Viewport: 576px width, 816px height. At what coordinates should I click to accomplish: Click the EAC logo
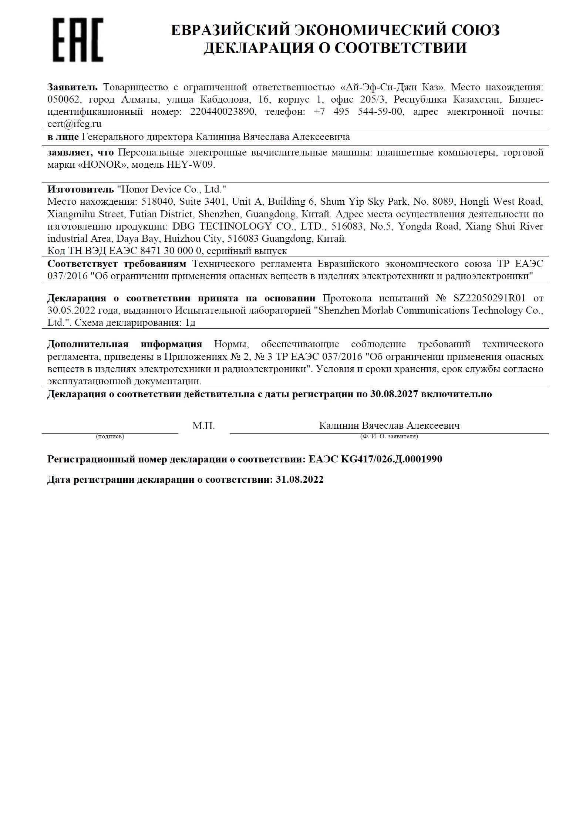[x=78, y=40]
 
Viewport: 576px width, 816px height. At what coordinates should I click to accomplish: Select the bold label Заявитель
[x=72, y=87]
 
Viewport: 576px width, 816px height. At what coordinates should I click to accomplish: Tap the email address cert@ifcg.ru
[x=74, y=124]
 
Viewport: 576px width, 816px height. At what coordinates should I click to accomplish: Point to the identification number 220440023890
[x=223, y=111]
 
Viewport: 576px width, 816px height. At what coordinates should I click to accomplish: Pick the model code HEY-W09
[x=190, y=164]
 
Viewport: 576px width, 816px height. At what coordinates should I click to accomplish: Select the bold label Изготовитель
[x=81, y=189]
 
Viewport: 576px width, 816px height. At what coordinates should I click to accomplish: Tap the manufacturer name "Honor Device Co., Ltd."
[x=171, y=189]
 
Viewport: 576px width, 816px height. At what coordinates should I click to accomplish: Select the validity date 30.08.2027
[x=394, y=394]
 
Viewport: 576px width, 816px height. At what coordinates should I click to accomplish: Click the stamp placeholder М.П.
[x=203, y=426]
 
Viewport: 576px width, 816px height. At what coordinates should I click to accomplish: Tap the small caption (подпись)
[x=110, y=437]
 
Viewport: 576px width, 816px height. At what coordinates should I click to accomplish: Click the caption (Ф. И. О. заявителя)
[x=389, y=437]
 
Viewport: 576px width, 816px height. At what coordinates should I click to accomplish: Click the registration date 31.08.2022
[x=300, y=479]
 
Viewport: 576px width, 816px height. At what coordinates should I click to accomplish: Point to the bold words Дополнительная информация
[x=125, y=344]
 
